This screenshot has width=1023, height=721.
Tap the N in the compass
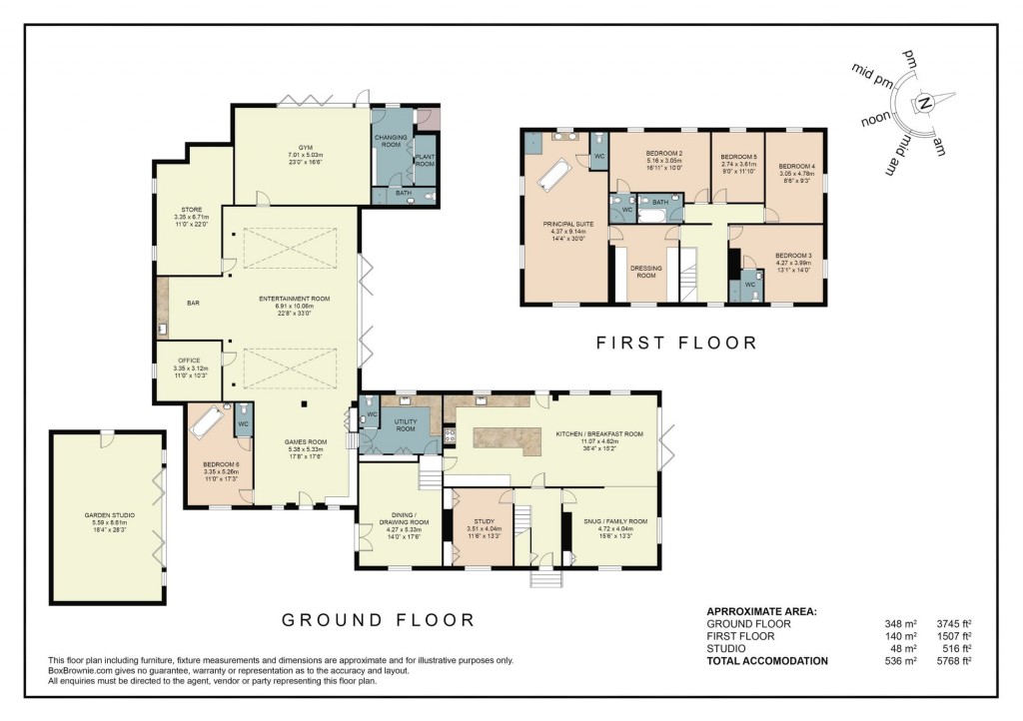[x=925, y=103]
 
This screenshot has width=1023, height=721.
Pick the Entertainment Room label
[x=294, y=299]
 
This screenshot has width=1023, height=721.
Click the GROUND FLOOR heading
[x=378, y=620]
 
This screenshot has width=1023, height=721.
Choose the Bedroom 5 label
[x=739, y=157]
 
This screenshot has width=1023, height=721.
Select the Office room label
[x=189, y=360]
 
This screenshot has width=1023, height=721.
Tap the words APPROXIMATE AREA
[x=760, y=610]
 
